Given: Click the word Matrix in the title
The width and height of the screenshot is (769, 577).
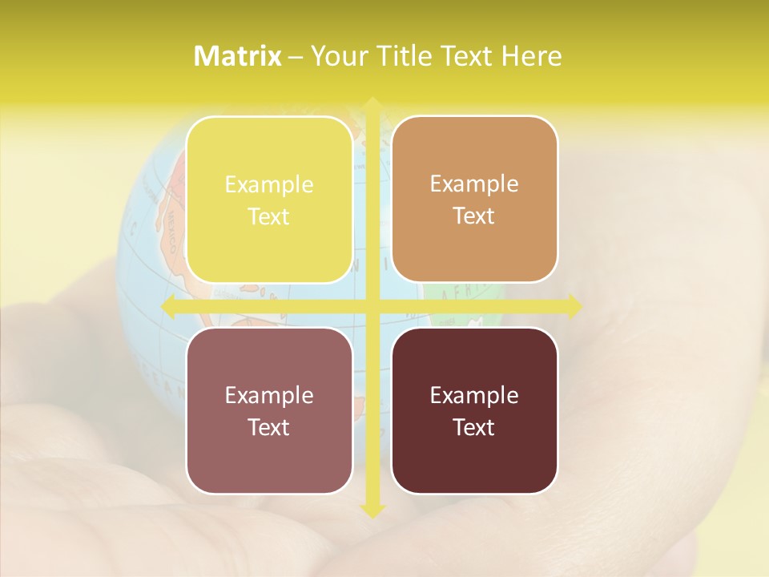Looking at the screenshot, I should coord(238,56).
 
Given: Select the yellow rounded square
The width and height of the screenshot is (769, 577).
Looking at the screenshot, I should coord(269,200).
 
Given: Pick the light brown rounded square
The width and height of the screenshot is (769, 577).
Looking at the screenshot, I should coord(474,200).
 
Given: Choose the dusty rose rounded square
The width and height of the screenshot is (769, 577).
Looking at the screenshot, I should coord(269,410).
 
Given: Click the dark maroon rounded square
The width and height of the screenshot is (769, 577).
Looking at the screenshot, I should coord(474,410).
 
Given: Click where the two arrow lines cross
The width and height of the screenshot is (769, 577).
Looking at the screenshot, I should coord(372,306).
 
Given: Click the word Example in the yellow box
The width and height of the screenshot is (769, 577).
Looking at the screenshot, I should coord(269,185).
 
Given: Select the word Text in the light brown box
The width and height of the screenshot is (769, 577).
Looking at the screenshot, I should coord(474,216).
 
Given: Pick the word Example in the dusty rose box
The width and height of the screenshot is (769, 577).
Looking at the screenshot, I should coord(269,395).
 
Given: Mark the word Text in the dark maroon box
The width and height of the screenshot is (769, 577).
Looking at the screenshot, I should coord(474,427).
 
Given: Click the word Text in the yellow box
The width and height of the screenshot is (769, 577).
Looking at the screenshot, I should coord(269,217).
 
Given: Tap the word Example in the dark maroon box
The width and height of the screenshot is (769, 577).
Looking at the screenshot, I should coord(474,395).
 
